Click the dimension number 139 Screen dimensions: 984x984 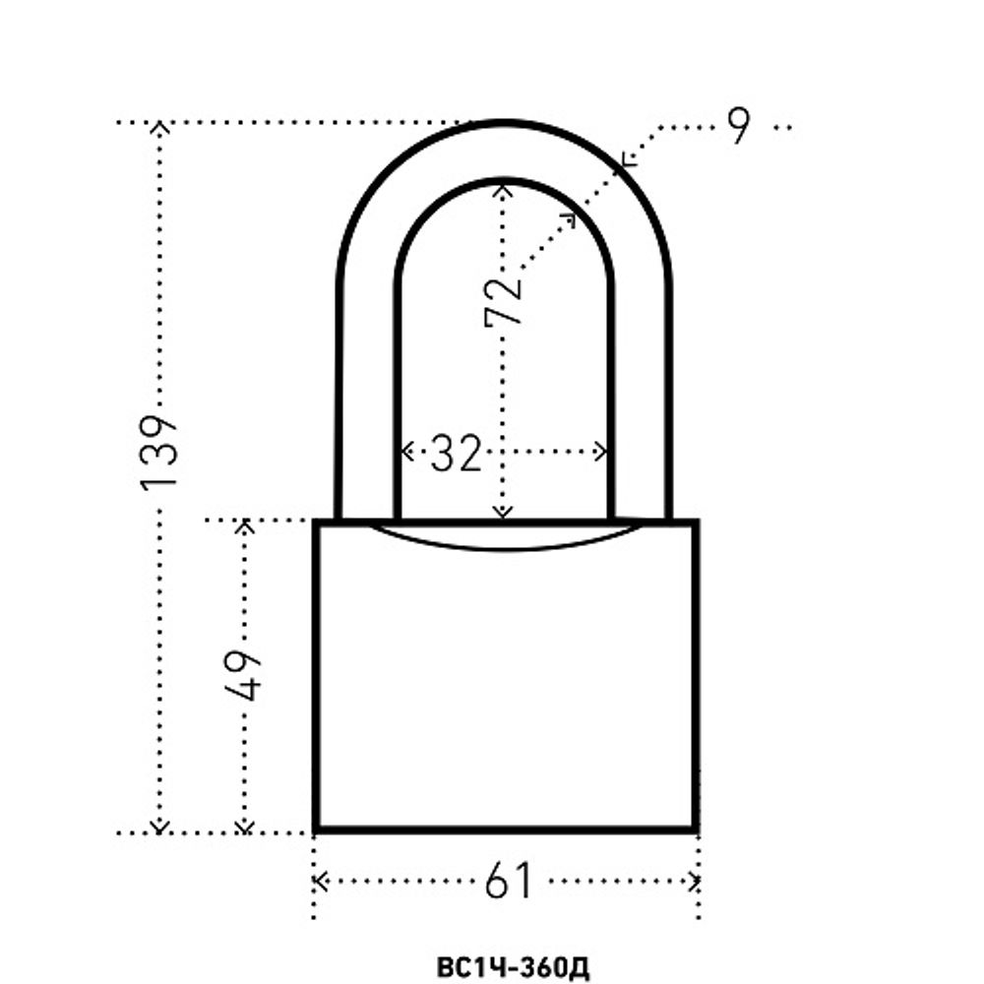(159, 452)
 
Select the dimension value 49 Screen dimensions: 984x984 (242, 675)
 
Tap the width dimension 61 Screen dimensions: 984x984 (509, 881)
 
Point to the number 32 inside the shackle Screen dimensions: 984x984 (456, 452)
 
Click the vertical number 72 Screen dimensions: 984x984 (503, 302)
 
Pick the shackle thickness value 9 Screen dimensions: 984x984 (738, 126)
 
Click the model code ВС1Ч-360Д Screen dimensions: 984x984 (513, 967)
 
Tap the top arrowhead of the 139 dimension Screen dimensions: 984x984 (160, 127)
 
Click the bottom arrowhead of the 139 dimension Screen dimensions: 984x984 (160, 828)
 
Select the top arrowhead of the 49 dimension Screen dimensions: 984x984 (245, 524)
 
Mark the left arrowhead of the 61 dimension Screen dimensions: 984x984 (320, 881)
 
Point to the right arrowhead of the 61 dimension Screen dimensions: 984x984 (694, 881)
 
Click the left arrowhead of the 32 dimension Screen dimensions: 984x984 (406, 452)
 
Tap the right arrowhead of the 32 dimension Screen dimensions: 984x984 (602, 452)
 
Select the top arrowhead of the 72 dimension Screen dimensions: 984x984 (503, 188)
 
